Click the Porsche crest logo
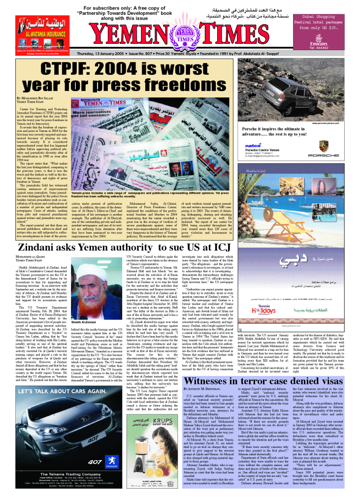pyautogui.click(x=324, y=146)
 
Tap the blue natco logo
pyautogui.click(x=254, y=145)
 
